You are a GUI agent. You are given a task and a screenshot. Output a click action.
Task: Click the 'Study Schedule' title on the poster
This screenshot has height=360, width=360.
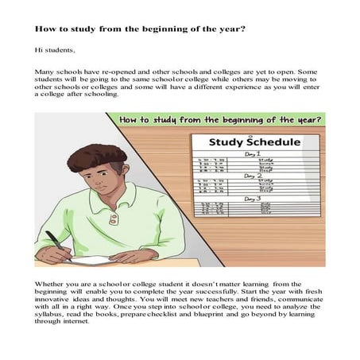[x=256, y=143]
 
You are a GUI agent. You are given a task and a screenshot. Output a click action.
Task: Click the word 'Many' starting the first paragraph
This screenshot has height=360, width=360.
[x=45, y=72]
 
